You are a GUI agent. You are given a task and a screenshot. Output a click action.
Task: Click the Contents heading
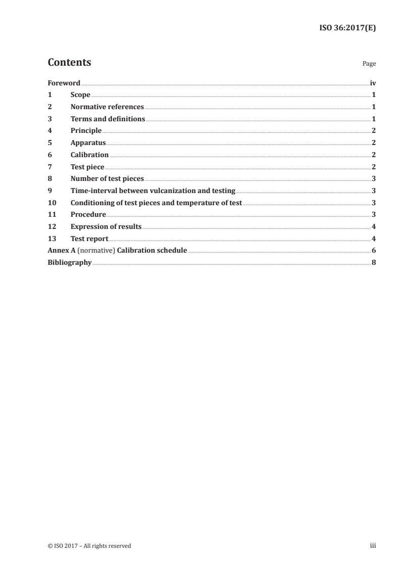[x=69, y=63]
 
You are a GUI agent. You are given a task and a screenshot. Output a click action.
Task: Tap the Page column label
[x=369, y=64]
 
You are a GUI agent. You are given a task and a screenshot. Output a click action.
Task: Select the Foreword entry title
[x=64, y=83]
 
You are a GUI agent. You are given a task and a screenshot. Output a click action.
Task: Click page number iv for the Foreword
[x=373, y=83]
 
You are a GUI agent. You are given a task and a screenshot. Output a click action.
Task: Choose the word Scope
[x=80, y=95]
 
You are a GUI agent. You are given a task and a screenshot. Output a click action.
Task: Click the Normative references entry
[x=107, y=107]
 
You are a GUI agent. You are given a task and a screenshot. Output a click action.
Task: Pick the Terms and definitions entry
[x=108, y=119]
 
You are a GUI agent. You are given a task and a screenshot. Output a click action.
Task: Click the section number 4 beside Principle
[x=50, y=131]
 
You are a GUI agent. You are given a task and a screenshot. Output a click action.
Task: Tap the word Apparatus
[x=88, y=143]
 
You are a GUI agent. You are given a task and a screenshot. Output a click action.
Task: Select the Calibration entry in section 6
[x=90, y=155]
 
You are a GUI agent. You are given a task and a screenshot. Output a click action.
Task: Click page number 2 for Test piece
[x=373, y=167]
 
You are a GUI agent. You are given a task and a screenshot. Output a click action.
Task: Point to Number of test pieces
[x=107, y=178]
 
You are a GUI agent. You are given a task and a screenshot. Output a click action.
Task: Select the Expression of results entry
[x=106, y=226]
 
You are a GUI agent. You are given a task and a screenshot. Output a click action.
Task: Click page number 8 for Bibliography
[x=373, y=262]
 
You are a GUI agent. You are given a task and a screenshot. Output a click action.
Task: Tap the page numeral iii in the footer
[x=373, y=546]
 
